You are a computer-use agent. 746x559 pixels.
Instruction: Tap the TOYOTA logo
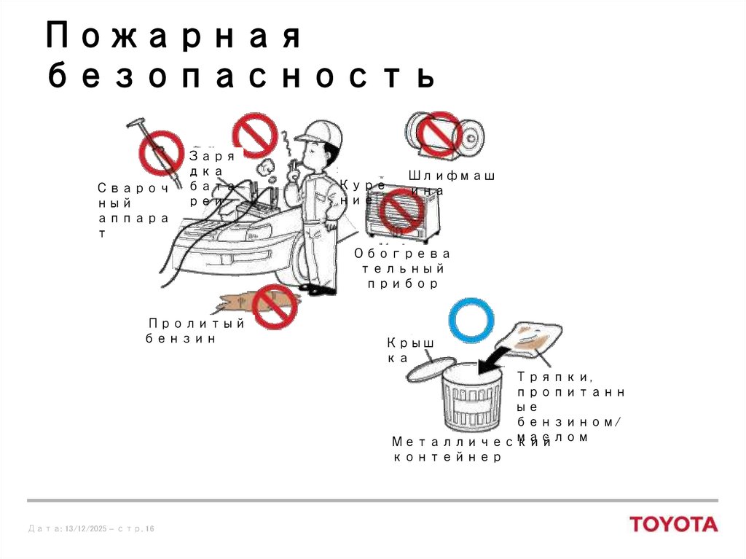(673, 524)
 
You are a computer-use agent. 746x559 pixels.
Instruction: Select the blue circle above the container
(471, 320)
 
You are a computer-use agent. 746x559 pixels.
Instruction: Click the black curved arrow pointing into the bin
(496, 359)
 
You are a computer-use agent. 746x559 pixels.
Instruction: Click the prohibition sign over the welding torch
(160, 152)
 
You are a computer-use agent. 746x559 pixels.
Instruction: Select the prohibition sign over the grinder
(439, 134)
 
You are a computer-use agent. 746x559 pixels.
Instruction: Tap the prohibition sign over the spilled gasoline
(275, 307)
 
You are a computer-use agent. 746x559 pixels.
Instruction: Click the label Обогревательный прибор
(402, 268)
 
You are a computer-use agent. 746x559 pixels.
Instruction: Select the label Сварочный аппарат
(133, 211)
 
